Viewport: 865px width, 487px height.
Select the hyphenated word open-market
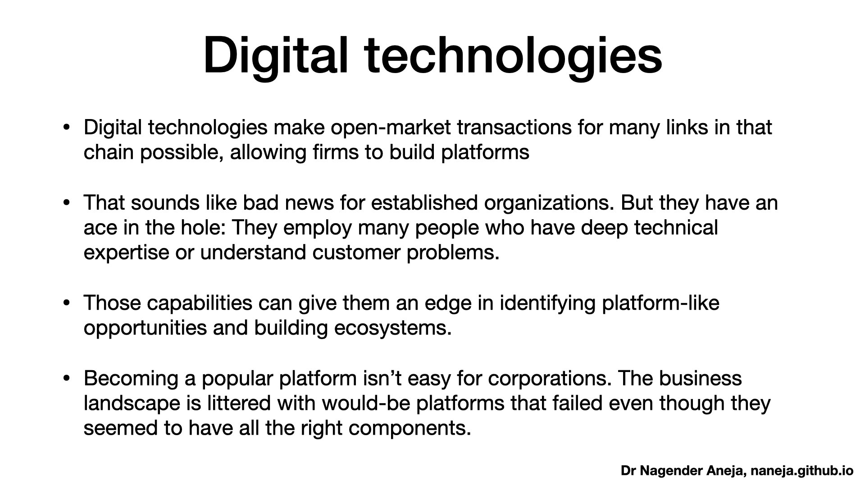(390, 128)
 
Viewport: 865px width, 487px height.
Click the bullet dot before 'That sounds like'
(67, 203)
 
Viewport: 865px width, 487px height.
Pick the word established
(424, 203)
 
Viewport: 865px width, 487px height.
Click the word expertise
(126, 253)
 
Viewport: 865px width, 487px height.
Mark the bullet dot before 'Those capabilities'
(67, 303)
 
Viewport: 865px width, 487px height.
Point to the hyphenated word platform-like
(660, 303)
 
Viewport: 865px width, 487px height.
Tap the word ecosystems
(392, 328)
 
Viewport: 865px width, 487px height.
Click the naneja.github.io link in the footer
(802, 471)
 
